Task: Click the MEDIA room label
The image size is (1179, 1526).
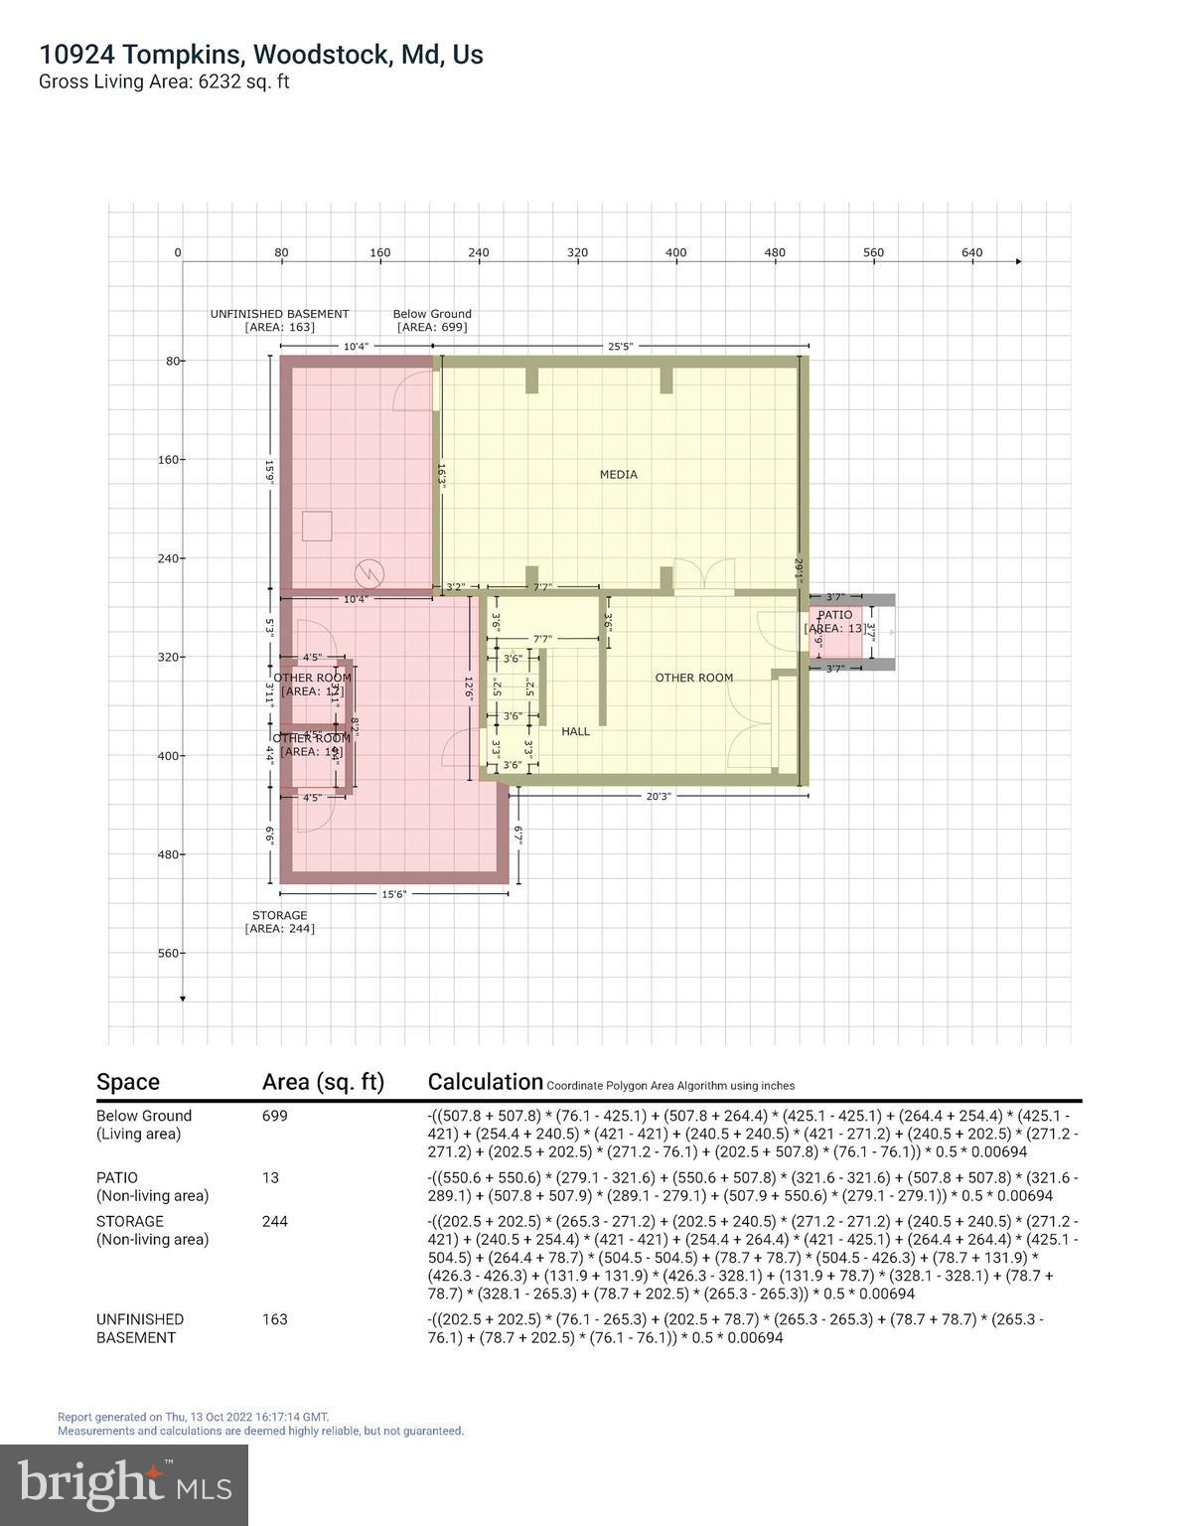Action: click(618, 475)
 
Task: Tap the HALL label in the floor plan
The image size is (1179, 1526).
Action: click(575, 731)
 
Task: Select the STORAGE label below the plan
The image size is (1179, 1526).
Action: click(279, 916)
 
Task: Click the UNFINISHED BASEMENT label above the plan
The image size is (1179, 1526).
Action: click(279, 314)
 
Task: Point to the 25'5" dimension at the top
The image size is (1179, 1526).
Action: click(620, 347)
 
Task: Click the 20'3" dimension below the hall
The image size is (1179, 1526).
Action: click(658, 796)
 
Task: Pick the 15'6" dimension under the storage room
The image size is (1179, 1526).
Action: click(394, 894)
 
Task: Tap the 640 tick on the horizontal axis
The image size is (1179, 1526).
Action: click(971, 252)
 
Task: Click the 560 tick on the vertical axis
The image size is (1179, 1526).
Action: click(169, 954)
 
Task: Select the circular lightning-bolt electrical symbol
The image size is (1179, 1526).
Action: click(370, 572)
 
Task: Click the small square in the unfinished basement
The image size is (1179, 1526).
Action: click(317, 526)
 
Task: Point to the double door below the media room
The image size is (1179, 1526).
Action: click(704, 577)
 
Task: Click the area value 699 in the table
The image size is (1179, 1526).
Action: click(275, 1116)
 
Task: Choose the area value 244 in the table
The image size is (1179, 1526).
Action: click(275, 1221)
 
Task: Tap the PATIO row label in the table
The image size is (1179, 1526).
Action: click(117, 1177)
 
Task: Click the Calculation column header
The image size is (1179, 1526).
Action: click(485, 1082)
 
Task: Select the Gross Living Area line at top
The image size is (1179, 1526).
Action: click(164, 81)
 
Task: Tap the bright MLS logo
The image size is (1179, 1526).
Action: click(124, 1484)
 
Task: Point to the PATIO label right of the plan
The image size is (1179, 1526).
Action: click(834, 615)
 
